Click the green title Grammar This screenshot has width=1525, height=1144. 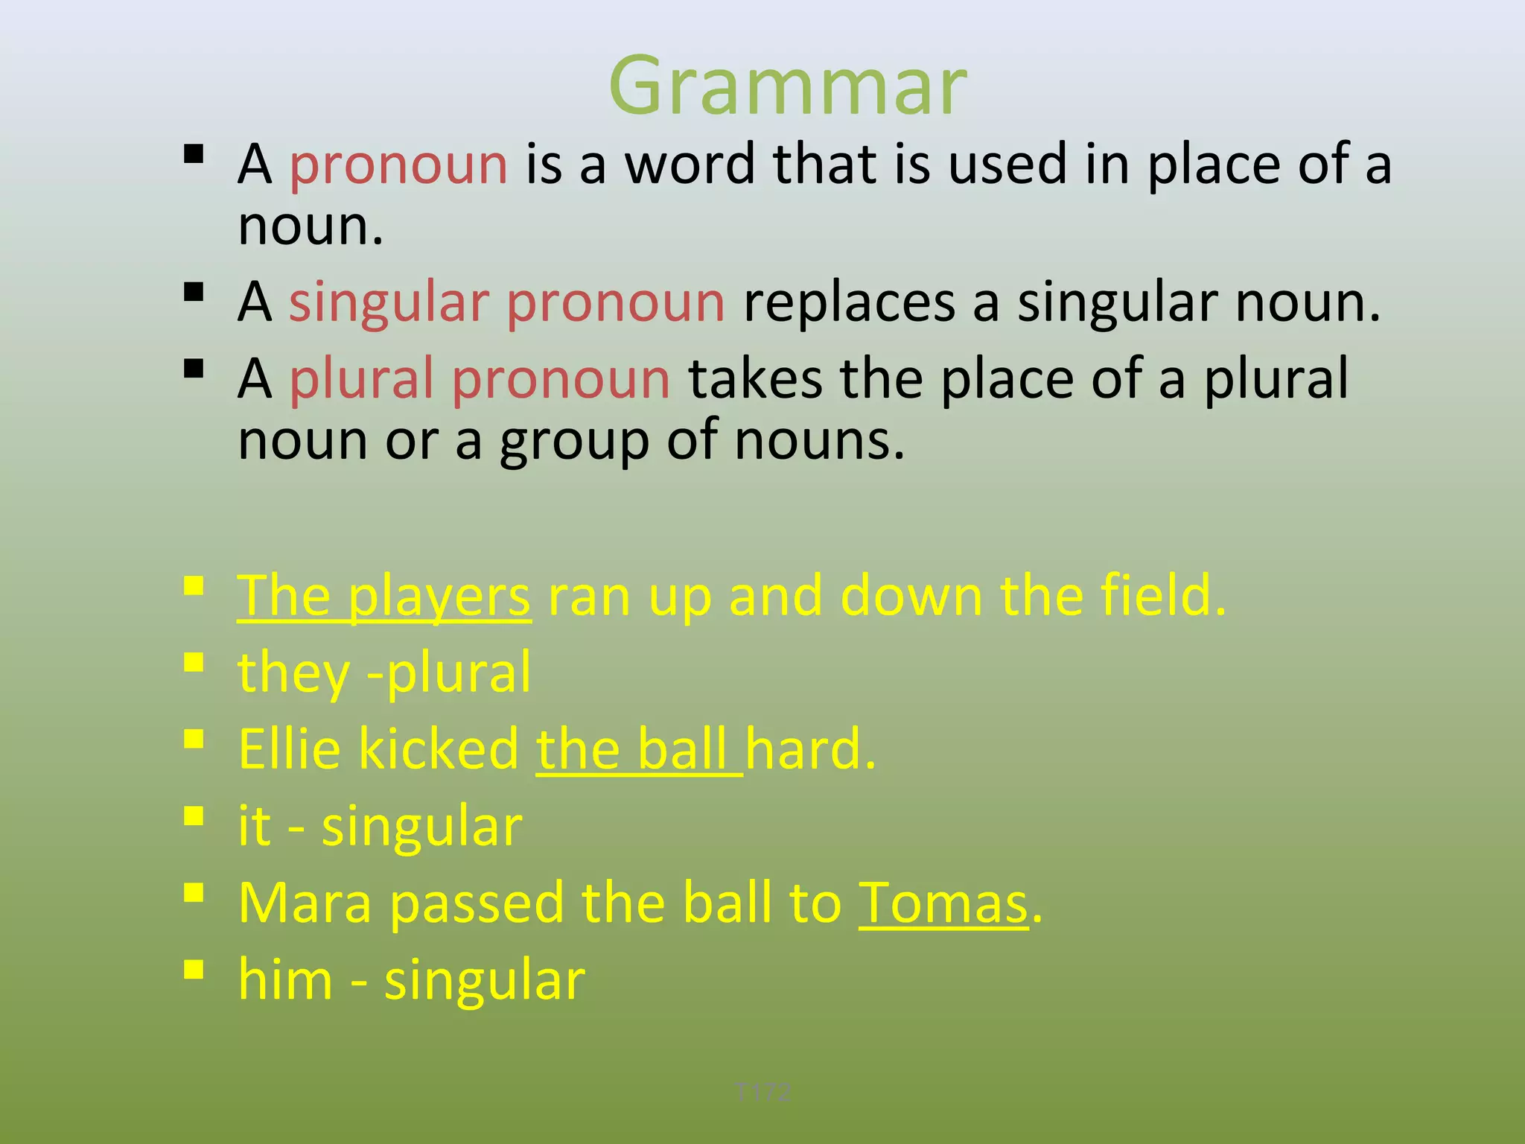tap(788, 86)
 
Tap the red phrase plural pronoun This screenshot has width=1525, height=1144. tap(480, 379)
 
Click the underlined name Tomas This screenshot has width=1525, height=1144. tap(943, 903)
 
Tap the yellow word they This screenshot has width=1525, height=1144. tap(293, 673)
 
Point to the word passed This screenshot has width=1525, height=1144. tap(477, 903)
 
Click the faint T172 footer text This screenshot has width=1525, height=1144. tap(762, 1093)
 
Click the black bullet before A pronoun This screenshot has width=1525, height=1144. tap(194, 154)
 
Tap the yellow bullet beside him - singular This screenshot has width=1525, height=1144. tap(194, 970)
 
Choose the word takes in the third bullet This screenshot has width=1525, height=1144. tap(755, 379)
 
